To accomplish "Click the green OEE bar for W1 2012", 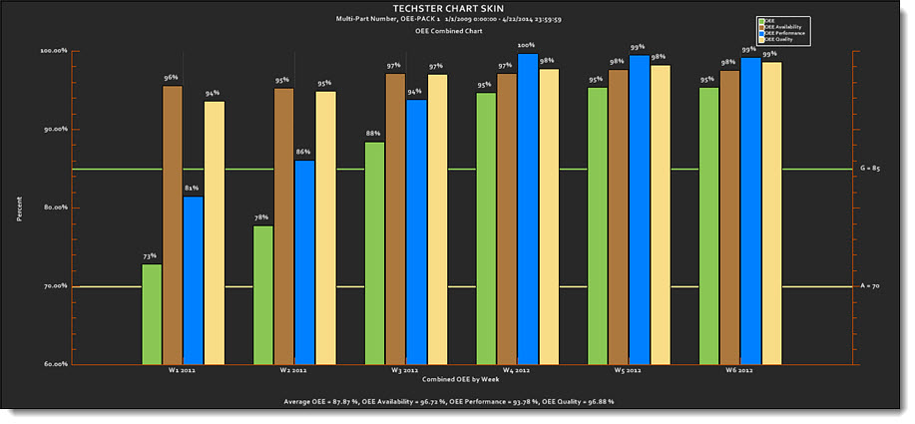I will (x=152, y=314).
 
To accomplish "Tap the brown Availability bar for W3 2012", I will (x=395, y=219).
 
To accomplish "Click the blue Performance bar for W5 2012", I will (x=639, y=210).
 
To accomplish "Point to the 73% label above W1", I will (x=150, y=256).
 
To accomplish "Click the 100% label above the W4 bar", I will (x=526, y=45).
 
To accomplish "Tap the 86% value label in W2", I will (x=303, y=152).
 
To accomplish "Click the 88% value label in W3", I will (x=373, y=134).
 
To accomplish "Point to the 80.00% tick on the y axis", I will (x=54, y=208).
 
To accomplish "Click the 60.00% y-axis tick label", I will (x=54, y=364).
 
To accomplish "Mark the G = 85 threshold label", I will (x=869, y=169).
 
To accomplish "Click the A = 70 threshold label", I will (x=869, y=286).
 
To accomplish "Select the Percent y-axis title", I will (x=19, y=208).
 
